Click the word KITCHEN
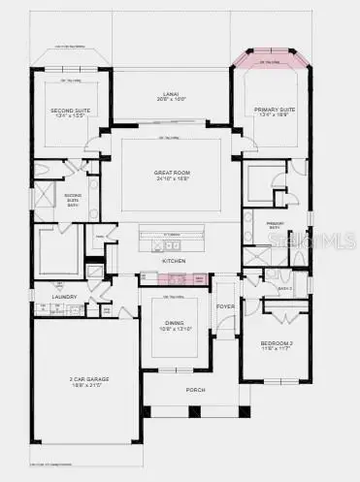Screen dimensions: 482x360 [x=174, y=262]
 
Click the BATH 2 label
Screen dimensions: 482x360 [x=283, y=288]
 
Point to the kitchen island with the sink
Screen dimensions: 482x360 [x=174, y=234]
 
